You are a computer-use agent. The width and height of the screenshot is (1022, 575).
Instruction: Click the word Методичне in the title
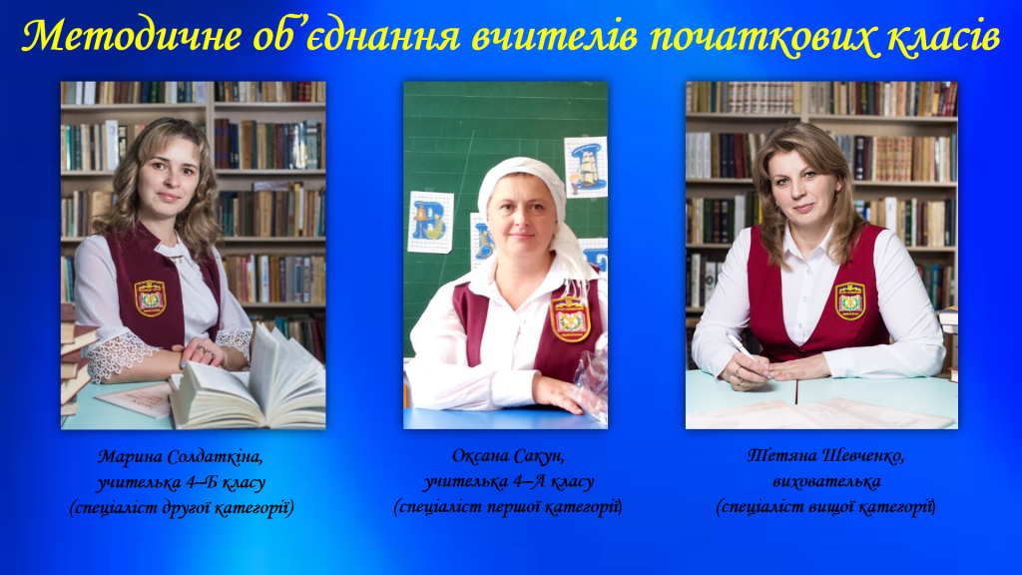point(132,36)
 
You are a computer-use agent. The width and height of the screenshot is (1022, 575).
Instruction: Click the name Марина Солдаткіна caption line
point(181,457)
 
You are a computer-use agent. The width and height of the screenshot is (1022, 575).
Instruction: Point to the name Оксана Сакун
point(508,455)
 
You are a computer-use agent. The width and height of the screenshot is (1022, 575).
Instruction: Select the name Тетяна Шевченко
point(825,455)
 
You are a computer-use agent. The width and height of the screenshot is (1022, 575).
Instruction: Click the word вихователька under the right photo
point(826,482)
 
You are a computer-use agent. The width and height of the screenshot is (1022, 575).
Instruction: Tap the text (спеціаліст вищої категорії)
point(825,507)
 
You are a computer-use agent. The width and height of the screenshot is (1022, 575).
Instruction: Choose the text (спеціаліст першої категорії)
point(508,507)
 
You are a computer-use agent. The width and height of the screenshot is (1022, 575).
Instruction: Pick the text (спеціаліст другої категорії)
point(182,508)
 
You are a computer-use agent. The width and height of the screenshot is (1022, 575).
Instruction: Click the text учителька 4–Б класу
point(182,483)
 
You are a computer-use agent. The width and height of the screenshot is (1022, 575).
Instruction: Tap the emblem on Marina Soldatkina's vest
point(151,297)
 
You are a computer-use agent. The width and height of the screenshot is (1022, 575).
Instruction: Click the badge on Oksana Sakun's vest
point(571,318)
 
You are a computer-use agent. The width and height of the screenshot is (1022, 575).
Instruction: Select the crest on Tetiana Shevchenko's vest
point(850,300)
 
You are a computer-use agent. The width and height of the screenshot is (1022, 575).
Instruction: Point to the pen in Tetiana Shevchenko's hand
point(744,348)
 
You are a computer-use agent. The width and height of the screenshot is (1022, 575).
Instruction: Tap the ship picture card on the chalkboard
point(586,167)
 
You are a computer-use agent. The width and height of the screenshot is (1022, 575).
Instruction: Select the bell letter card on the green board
point(430,223)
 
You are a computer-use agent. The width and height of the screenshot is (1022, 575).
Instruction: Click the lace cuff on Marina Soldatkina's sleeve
point(114,356)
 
